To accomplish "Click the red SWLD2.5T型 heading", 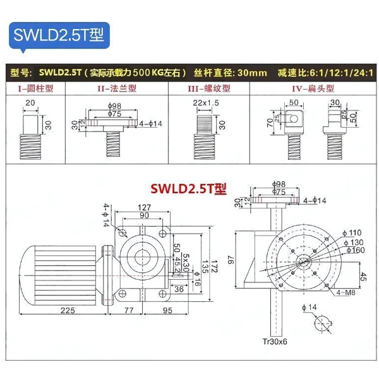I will pyautogui.click(x=188, y=188).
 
